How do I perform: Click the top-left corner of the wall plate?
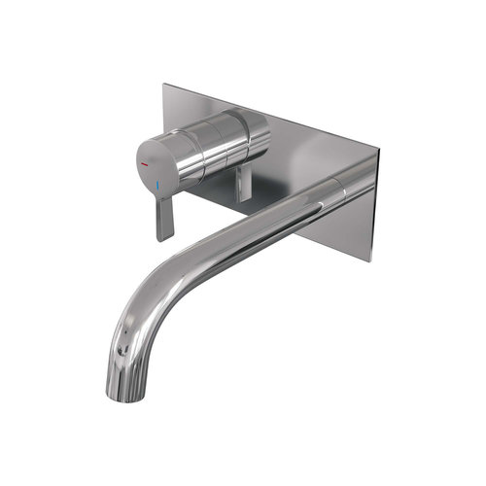pyautogui.click(x=164, y=86)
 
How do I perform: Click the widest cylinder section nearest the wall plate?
pyautogui.click(x=251, y=136)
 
